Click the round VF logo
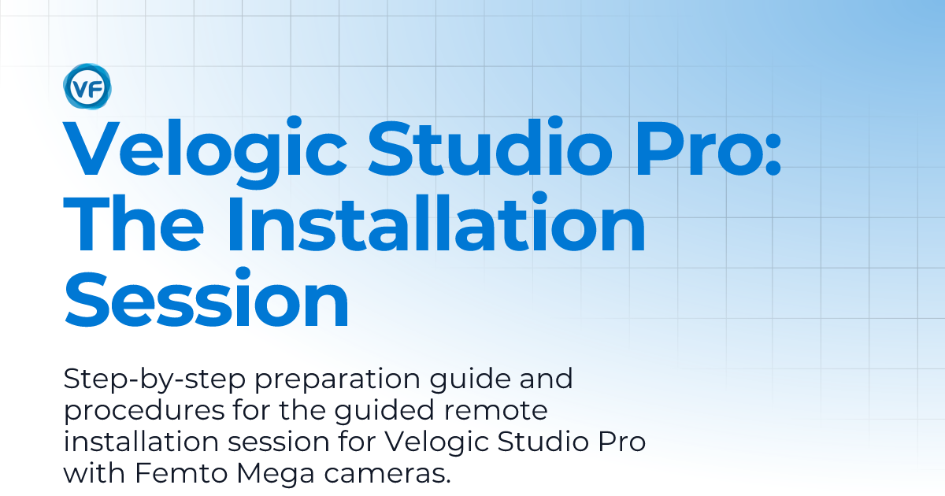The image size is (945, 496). coord(88,86)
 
